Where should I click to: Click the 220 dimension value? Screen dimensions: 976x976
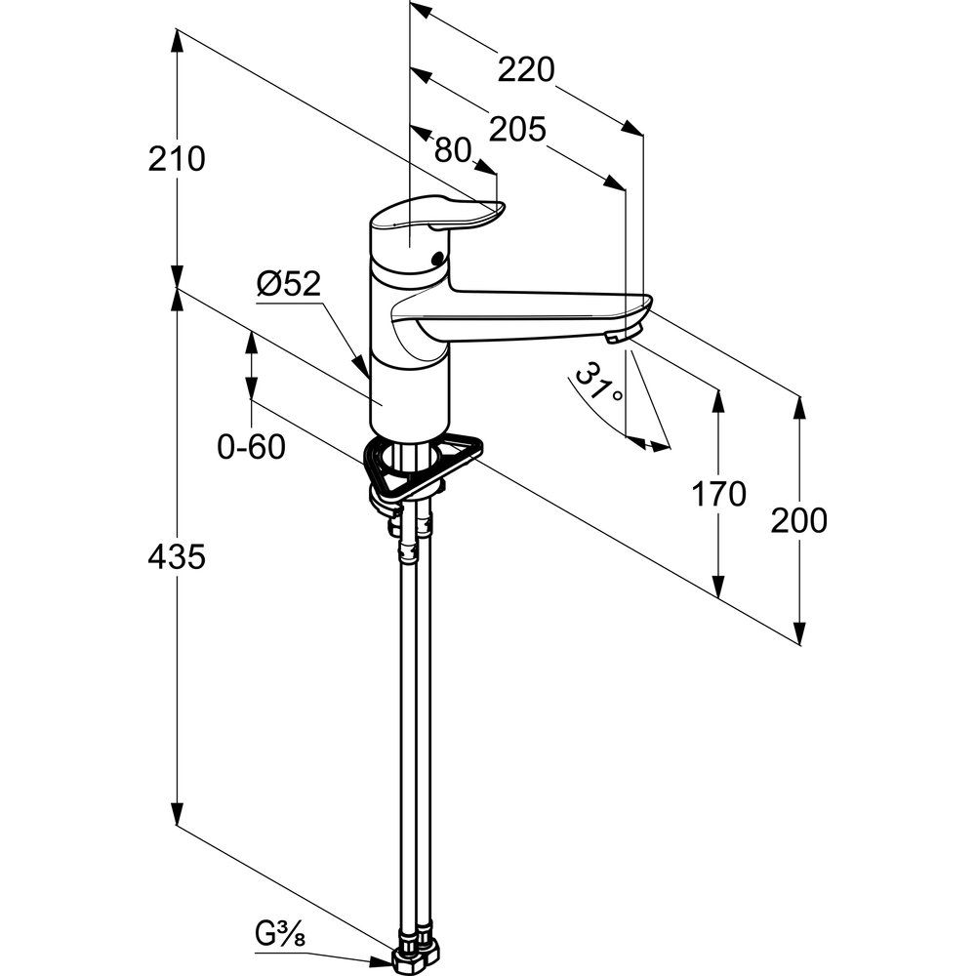pos(526,70)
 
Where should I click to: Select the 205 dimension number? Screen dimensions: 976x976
pos(516,130)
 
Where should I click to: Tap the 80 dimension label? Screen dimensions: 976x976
pos(452,149)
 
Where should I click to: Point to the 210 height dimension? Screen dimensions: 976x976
pos(178,158)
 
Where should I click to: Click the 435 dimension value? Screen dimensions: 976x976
pos(177,557)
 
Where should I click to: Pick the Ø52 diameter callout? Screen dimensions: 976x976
pos(289,284)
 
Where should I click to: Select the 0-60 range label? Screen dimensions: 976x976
pos(251,448)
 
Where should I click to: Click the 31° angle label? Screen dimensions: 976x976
pos(596,383)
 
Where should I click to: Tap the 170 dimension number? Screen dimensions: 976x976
pos(718,495)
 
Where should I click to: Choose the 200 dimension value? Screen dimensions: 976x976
pos(798,521)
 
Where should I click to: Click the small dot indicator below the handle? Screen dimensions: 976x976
pos(435,261)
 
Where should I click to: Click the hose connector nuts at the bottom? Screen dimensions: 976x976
pos(418,951)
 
